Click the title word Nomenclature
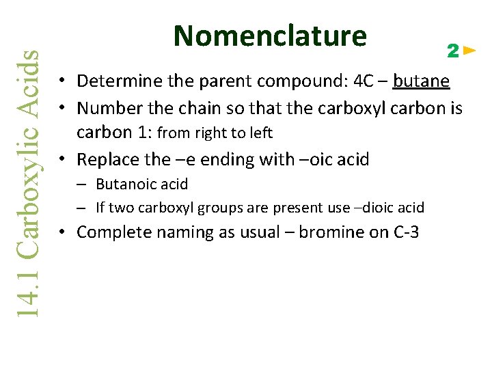pyautogui.click(x=270, y=36)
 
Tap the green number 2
pyautogui.click(x=452, y=51)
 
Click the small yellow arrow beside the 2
pyautogui.click(x=469, y=51)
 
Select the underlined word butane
pyautogui.click(x=421, y=82)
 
